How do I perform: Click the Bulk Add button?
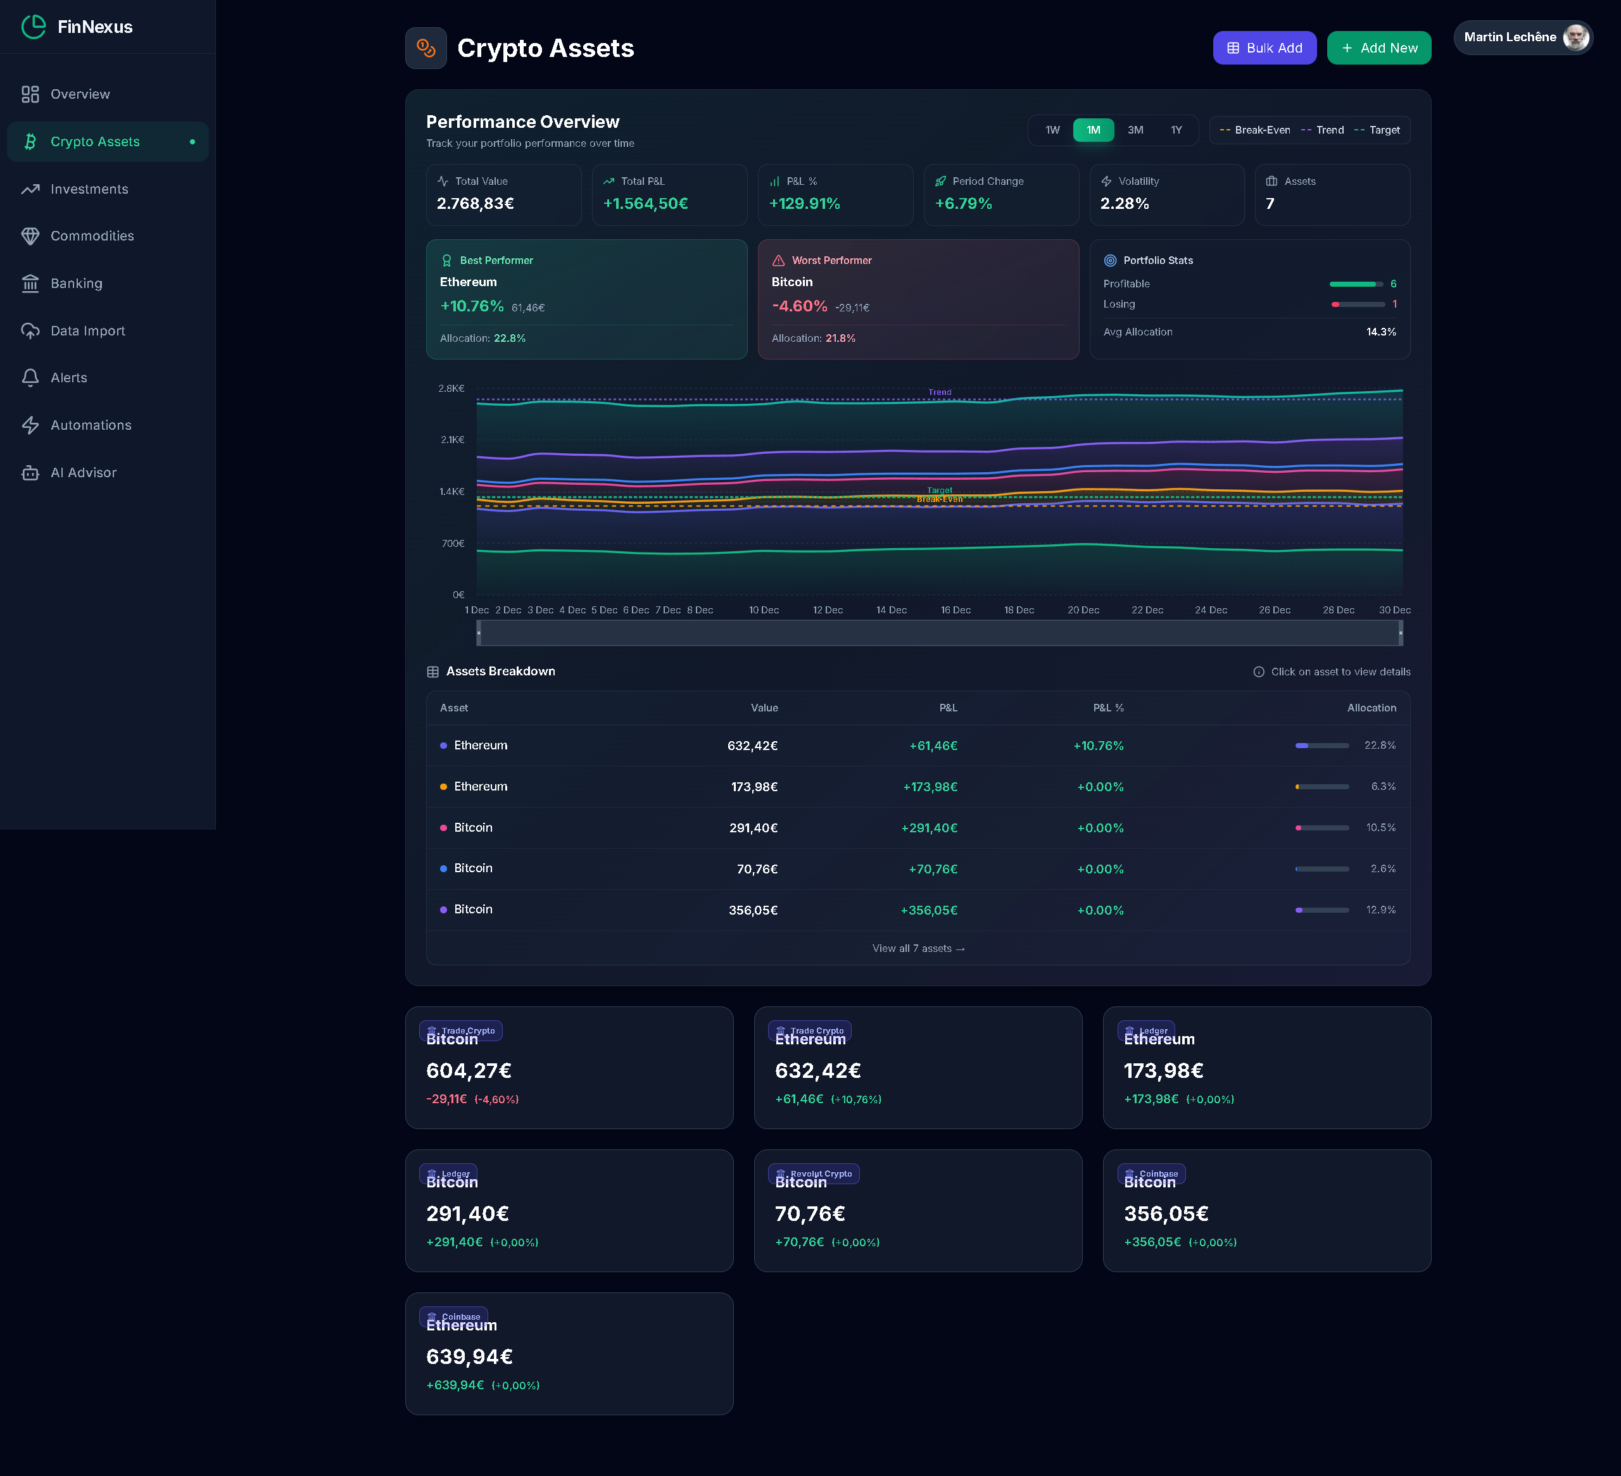click(1264, 48)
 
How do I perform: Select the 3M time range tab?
click(1135, 130)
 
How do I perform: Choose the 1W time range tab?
click(1052, 130)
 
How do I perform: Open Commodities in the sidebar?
click(92, 236)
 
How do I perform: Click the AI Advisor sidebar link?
click(83, 473)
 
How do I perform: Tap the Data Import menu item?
click(87, 331)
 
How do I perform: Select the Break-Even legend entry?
click(1255, 130)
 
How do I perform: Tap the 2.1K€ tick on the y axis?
click(452, 440)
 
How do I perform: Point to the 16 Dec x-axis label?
click(956, 610)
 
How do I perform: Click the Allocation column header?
click(1371, 708)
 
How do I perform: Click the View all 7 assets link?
click(918, 949)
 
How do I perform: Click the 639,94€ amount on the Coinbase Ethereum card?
click(469, 1357)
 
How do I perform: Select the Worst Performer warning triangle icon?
click(778, 261)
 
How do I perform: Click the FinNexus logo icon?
click(34, 27)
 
